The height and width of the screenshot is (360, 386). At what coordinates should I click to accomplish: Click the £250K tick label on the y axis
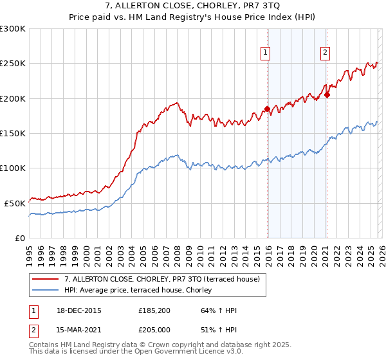click(x=13, y=64)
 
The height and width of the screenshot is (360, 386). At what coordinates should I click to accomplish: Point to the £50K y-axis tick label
click(x=15, y=203)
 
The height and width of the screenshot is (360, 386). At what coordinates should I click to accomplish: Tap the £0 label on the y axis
click(x=21, y=238)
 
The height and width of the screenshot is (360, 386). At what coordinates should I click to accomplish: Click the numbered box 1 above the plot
click(x=266, y=53)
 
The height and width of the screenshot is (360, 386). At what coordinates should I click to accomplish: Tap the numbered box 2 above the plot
click(x=326, y=53)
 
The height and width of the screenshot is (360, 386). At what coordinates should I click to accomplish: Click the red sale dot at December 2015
click(x=267, y=109)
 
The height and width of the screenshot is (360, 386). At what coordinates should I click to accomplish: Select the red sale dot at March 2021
click(x=327, y=95)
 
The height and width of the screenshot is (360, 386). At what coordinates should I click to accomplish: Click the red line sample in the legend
click(x=46, y=279)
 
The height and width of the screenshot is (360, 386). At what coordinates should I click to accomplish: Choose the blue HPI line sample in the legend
click(x=46, y=290)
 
